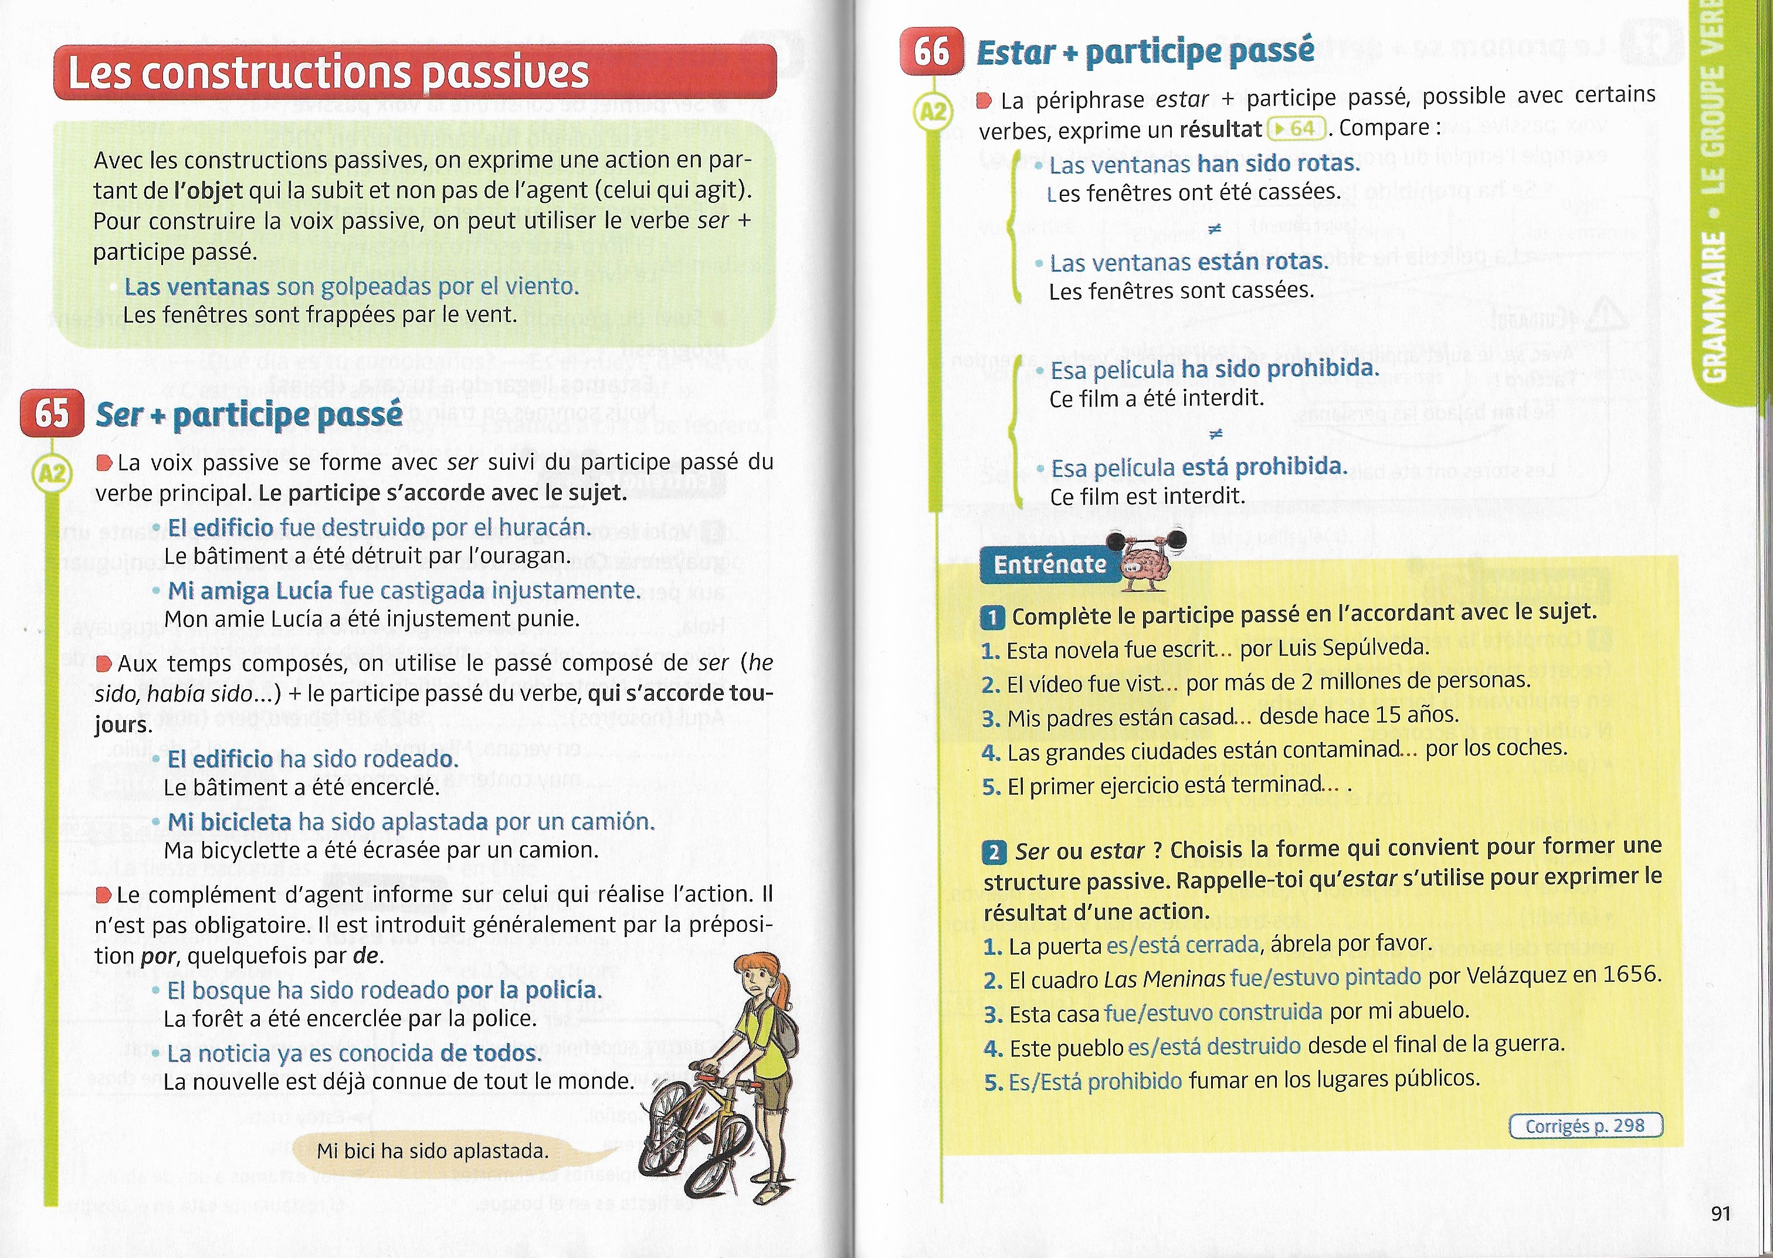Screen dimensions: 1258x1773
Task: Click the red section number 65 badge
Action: tap(52, 413)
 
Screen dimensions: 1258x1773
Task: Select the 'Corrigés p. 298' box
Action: tap(1585, 1125)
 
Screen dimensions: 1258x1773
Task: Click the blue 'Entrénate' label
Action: tap(1049, 565)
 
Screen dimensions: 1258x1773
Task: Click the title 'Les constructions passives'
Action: tap(328, 73)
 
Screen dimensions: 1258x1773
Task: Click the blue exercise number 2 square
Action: tap(994, 853)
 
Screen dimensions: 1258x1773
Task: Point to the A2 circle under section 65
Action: tap(52, 474)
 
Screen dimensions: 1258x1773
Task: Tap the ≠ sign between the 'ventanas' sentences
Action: tap(1215, 229)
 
